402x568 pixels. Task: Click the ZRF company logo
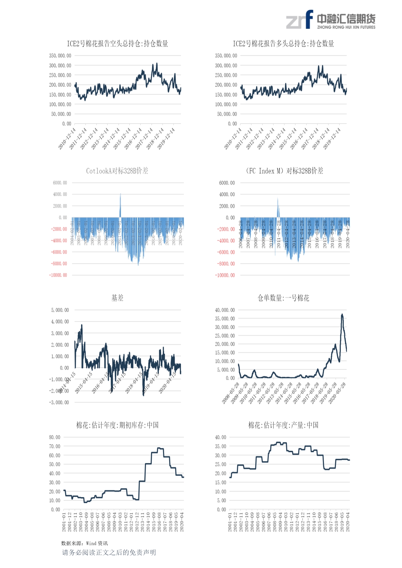(x=330, y=20)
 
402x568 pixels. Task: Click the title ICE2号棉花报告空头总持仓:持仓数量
(x=117, y=44)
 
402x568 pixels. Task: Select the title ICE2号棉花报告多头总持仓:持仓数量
(x=283, y=44)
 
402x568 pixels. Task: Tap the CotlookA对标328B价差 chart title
(x=117, y=171)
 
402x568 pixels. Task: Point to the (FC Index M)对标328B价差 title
(x=284, y=171)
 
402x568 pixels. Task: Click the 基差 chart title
(x=117, y=298)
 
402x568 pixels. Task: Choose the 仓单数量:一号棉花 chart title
(x=283, y=298)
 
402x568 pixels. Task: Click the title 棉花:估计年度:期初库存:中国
(x=117, y=425)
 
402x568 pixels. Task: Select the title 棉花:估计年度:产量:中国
(x=283, y=425)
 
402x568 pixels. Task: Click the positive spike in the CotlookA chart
(x=120, y=204)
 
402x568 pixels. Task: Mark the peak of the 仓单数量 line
(x=342, y=314)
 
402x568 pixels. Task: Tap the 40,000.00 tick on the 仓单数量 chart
(x=225, y=310)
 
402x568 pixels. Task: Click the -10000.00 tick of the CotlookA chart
(x=58, y=275)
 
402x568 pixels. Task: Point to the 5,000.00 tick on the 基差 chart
(x=60, y=310)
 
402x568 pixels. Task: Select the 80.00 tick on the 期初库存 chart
(x=55, y=437)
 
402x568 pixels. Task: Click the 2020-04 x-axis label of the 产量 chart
(x=348, y=522)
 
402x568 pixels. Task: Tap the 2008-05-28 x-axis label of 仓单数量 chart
(x=231, y=393)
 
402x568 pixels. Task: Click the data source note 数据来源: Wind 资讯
(x=84, y=543)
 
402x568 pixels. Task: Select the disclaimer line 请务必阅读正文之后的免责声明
(x=109, y=552)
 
